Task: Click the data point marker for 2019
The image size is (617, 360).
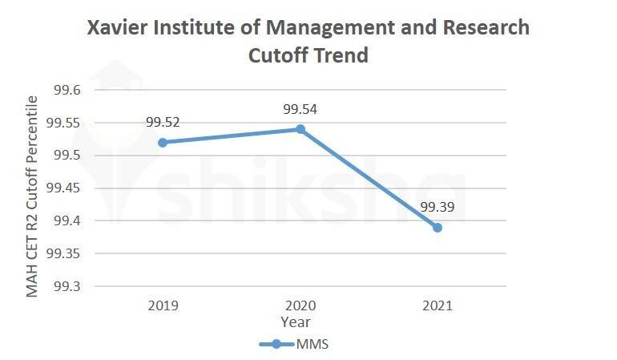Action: (163, 142)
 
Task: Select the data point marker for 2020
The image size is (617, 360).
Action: (300, 129)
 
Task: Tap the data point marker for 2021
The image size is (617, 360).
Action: (437, 228)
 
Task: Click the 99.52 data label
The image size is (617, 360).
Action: (163, 123)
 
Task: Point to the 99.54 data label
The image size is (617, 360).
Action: (300, 108)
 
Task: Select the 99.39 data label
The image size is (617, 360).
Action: (438, 208)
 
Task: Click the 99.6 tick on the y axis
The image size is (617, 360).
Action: (67, 91)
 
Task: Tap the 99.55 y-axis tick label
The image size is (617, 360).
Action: (64, 123)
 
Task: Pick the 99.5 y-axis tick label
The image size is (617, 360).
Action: (67, 156)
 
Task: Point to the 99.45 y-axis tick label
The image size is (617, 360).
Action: (64, 188)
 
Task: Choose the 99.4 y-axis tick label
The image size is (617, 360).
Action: (67, 220)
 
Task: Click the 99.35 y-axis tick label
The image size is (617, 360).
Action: (64, 253)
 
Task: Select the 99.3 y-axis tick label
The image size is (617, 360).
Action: (67, 286)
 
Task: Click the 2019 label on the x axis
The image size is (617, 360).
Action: (163, 305)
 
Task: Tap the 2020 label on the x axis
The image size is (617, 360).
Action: (300, 305)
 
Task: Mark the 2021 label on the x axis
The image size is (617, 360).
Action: (438, 305)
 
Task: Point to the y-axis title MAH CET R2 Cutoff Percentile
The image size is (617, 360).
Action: (33, 196)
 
